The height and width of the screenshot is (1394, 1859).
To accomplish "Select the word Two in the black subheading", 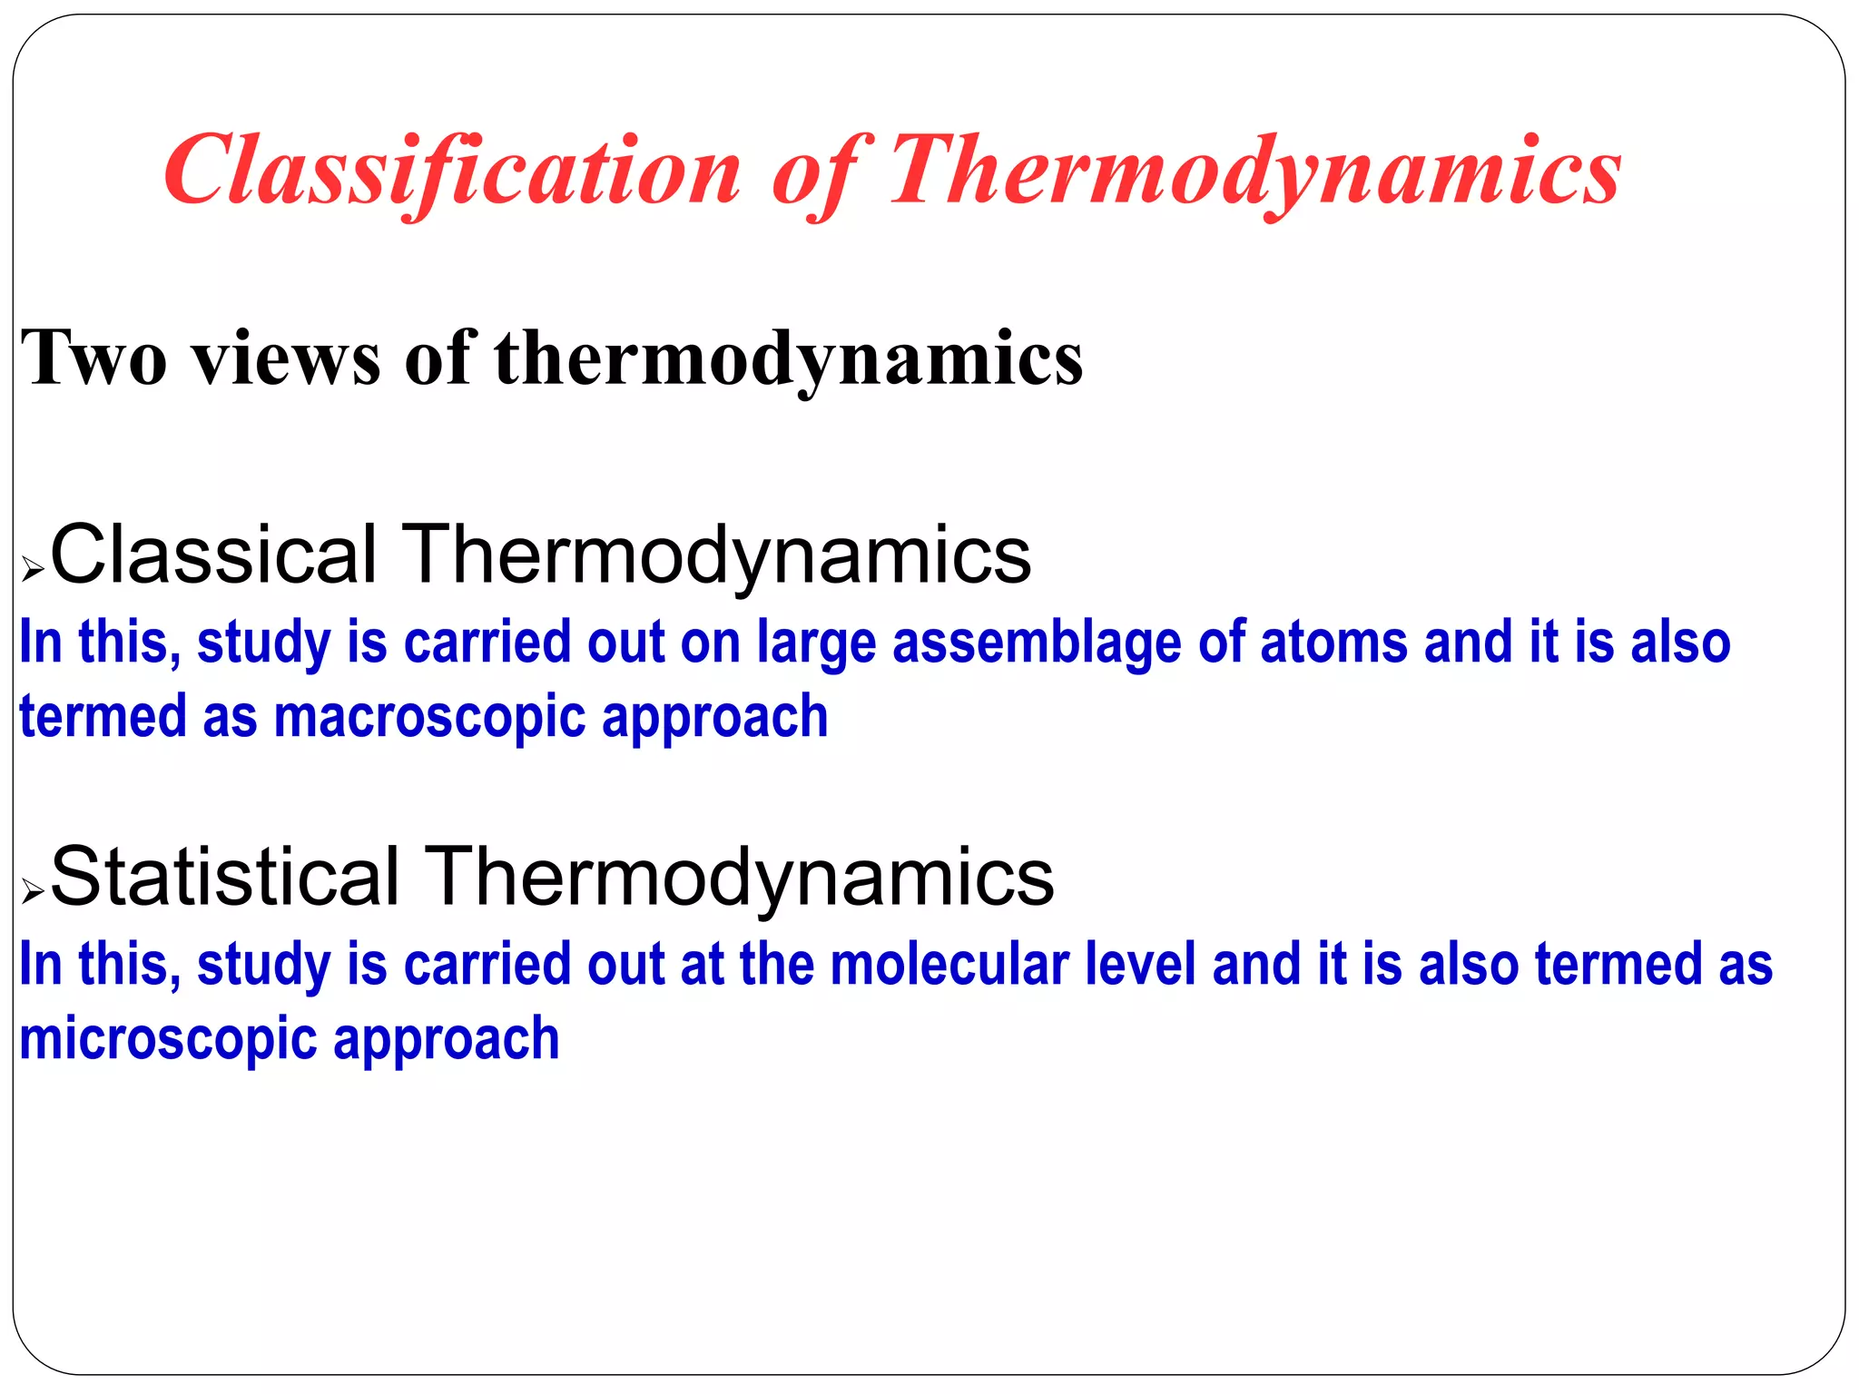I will [94, 358].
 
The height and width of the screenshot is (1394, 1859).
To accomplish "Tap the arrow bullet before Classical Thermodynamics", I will [33, 570].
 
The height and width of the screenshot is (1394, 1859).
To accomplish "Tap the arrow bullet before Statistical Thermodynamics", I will [33, 891].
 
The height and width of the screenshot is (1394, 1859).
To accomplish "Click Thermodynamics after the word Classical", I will [716, 555].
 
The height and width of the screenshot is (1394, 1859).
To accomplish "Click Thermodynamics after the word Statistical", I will [739, 878].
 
